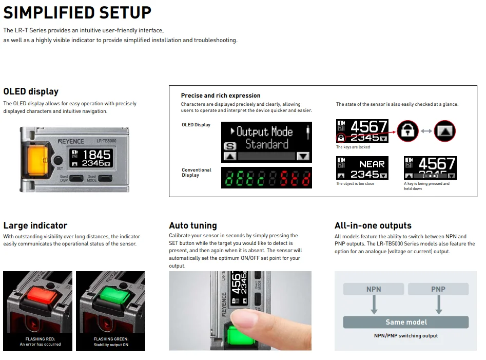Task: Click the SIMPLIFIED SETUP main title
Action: click(77, 12)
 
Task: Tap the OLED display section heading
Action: click(31, 91)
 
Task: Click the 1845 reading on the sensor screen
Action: click(96, 155)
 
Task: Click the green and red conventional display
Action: click(266, 178)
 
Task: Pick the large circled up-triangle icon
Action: click(444, 130)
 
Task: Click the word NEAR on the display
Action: click(372, 164)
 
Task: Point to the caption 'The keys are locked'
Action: click(353, 147)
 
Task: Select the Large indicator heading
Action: click(35, 225)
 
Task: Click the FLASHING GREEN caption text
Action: click(111, 339)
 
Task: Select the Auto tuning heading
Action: click(193, 225)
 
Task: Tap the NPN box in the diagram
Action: click(374, 289)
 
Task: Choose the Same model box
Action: click(405, 322)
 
